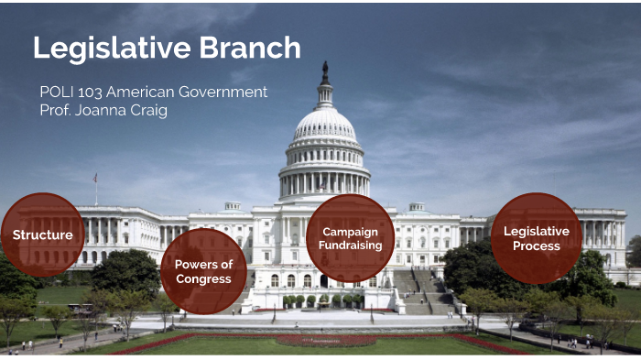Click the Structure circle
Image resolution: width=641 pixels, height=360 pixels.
[x=43, y=235]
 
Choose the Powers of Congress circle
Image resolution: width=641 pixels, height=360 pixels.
[x=203, y=271]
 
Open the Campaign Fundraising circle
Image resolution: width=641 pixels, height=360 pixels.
[x=350, y=238]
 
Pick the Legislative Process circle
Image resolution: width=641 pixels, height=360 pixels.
[x=536, y=238]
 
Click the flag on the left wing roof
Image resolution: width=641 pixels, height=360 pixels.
[x=95, y=178]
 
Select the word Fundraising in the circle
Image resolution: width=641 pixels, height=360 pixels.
[x=350, y=245]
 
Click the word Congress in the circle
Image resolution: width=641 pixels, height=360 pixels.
[x=203, y=278]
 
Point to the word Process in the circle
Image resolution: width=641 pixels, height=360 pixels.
[x=536, y=245]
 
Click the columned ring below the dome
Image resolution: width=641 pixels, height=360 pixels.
[x=325, y=180]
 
